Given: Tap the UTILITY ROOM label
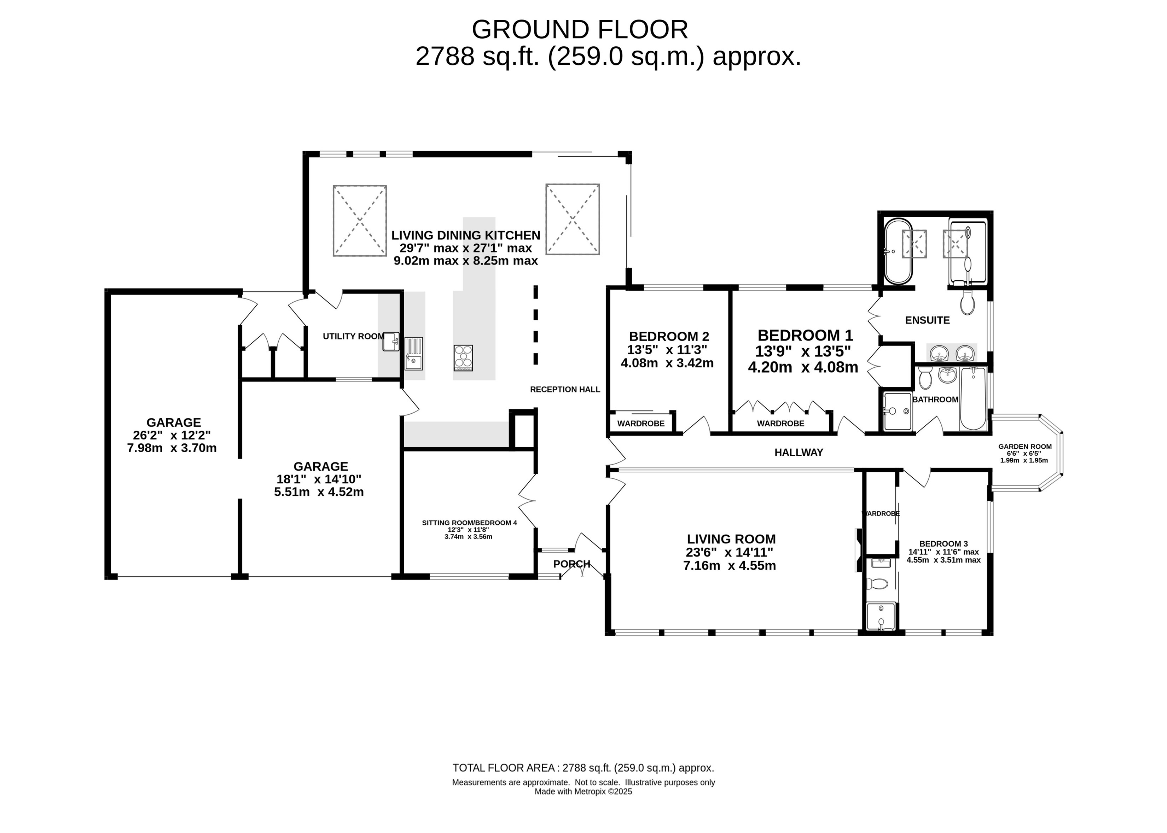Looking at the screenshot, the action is tap(353, 337).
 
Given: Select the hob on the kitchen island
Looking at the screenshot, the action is tap(463, 358).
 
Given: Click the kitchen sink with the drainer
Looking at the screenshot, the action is tap(413, 354).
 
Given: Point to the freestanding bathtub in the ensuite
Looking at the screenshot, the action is tap(898, 251).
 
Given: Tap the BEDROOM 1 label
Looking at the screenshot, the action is tap(805, 336).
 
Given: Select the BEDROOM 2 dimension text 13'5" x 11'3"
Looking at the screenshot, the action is tap(667, 350).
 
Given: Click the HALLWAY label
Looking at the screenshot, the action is tap(799, 453).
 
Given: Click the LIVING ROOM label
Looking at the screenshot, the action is tap(731, 539).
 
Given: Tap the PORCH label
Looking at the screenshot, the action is tap(572, 564).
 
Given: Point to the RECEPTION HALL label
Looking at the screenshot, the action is tap(565, 389).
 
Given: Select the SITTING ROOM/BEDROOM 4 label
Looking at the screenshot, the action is tap(469, 523).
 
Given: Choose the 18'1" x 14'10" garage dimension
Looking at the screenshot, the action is tap(319, 479).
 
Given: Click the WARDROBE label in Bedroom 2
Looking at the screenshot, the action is tap(641, 424).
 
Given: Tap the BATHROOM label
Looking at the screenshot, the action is tap(935, 400).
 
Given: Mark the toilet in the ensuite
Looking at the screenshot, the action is tap(968, 303).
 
